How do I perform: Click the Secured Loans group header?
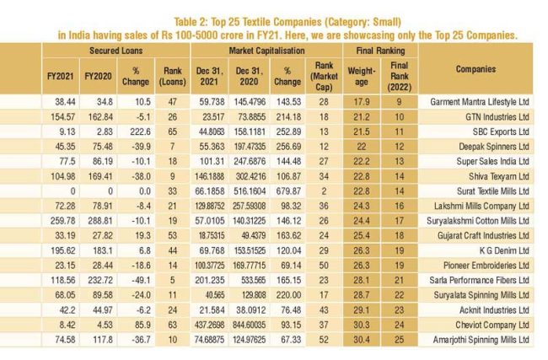(x=116, y=51)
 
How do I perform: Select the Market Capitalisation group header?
(x=266, y=51)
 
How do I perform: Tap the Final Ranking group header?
(x=380, y=51)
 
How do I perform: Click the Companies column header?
(x=475, y=69)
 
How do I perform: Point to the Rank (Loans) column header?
(x=173, y=76)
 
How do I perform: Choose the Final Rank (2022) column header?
(x=399, y=76)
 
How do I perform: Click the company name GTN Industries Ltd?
(x=497, y=116)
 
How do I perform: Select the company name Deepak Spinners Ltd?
(x=494, y=147)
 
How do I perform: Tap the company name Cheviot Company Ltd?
(x=492, y=325)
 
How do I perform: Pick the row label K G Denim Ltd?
(x=504, y=250)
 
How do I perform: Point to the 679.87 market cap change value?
(x=288, y=191)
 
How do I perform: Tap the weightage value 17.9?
(x=362, y=102)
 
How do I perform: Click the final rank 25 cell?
(x=399, y=340)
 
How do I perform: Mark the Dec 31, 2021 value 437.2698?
(x=209, y=325)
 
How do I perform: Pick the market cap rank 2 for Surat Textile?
(x=324, y=191)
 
